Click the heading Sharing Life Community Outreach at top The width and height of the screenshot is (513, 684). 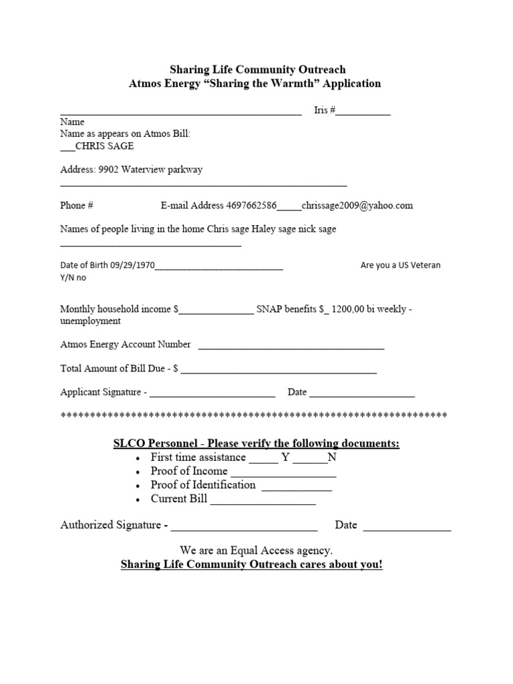(257, 69)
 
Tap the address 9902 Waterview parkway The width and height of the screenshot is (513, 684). (150, 170)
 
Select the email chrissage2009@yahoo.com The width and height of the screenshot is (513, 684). (357, 206)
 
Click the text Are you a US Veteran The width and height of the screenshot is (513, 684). (400, 265)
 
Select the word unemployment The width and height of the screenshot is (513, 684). (90, 321)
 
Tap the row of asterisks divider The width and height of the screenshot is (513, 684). (254, 416)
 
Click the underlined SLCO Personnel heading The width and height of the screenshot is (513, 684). (256, 444)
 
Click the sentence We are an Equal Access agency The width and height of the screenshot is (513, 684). (256, 550)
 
